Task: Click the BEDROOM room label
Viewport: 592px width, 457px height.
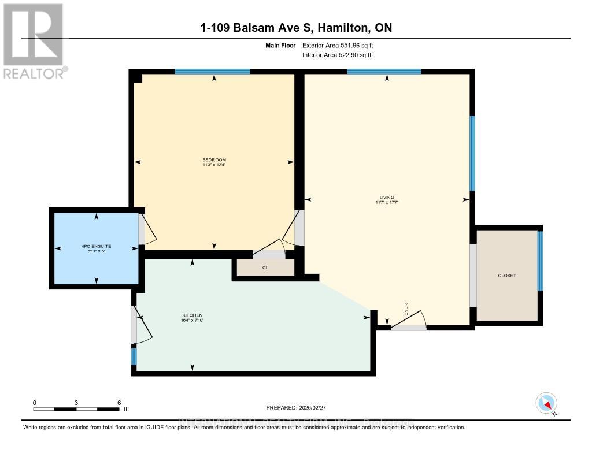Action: click(214, 160)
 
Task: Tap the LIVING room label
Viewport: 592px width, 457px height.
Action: click(387, 198)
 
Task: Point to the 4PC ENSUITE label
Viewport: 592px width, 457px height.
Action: click(97, 246)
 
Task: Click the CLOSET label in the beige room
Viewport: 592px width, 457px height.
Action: click(506, 276)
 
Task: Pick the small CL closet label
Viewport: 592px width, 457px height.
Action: click(265, 268)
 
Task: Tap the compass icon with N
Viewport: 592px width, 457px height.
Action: click(546, 403)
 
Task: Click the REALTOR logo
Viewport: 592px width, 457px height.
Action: click(35, 41)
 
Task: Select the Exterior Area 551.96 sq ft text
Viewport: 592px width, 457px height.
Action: click(342, 45)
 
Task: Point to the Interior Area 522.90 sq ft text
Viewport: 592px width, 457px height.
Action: click(337, 55)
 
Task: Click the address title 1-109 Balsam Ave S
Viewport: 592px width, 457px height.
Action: click(295, 28)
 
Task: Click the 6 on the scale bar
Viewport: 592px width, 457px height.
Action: click(119, 403)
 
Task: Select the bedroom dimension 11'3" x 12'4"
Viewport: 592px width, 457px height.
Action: click(214, 165)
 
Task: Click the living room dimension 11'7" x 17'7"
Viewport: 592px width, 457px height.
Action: click(387, 203)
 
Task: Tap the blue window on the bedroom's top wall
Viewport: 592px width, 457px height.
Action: click(212, 72)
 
